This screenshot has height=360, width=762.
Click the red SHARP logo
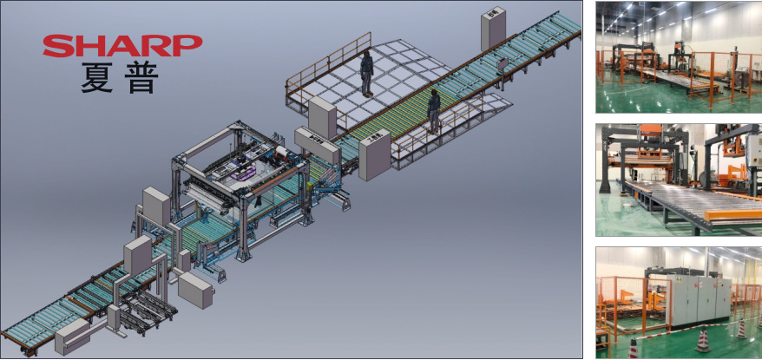click(x=122, y=46)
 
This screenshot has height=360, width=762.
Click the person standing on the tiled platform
click(x=367, y=74)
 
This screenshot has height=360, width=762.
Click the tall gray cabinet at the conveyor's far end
click(x=493, y=29)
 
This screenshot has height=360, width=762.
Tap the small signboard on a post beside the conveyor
click(x=502, y=63)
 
